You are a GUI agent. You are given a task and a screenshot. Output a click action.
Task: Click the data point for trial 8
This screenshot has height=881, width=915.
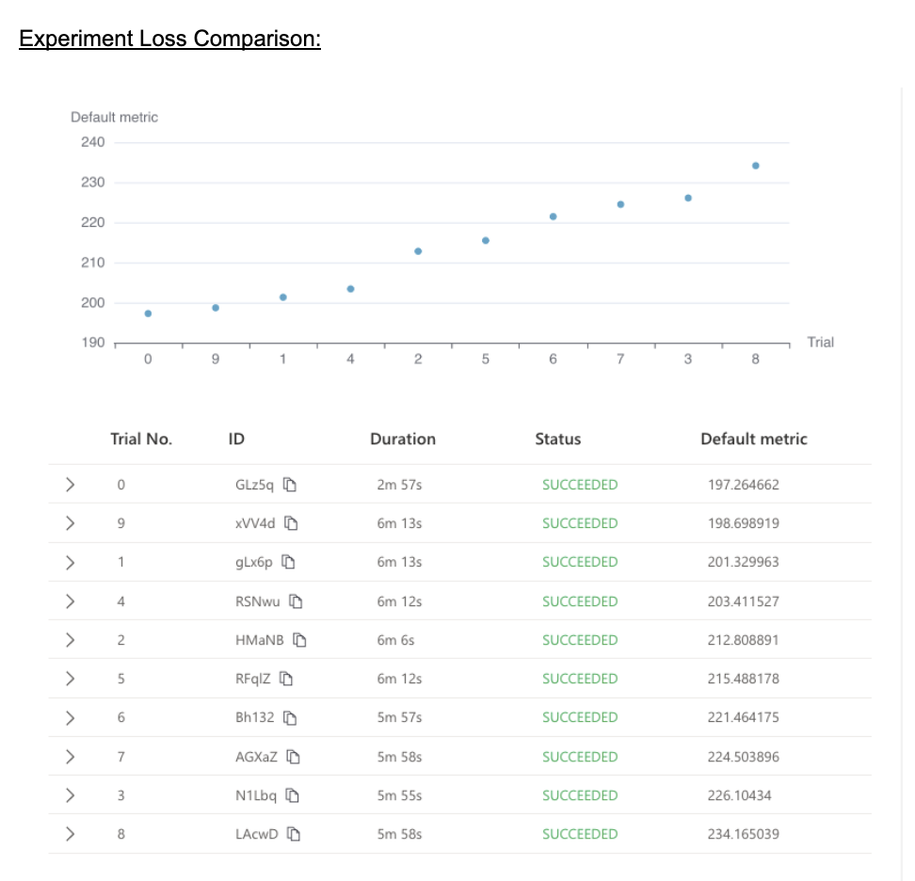click(x=755, y=166)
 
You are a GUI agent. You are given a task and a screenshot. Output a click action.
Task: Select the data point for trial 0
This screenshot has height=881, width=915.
click(x=148, y=313)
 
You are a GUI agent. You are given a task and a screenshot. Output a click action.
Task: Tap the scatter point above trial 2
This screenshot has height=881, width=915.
click(x=418, y=251)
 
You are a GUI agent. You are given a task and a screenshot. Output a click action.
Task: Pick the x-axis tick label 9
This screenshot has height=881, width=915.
click(x=216, y=359)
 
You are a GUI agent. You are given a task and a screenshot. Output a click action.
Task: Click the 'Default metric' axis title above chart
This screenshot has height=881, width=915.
click(x=114, y=118)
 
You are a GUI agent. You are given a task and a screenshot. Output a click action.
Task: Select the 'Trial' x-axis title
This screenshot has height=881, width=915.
click(x=820, y=343)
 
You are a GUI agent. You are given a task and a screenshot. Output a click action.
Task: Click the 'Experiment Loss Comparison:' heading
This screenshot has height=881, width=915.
click(x=169, y=40)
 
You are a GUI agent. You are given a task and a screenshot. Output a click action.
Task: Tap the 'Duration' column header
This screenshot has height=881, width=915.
click(x=403, y=439)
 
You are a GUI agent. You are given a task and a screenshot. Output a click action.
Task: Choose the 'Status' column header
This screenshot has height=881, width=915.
click(x=558, y=439)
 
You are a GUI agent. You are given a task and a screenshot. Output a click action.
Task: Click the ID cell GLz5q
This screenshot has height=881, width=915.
click(x=254, y=486)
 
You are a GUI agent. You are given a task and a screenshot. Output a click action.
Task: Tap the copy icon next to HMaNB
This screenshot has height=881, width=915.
click(x=300, y=640)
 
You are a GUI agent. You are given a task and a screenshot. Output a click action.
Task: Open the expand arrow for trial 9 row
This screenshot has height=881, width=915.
click(x=70, y=524)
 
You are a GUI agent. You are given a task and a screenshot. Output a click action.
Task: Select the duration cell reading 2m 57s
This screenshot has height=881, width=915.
click(x=399, y=486)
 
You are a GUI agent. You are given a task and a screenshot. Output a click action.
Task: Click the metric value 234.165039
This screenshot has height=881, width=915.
click(x=743, y=834)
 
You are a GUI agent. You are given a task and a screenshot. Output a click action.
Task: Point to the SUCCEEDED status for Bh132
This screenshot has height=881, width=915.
click(x=580, y=717)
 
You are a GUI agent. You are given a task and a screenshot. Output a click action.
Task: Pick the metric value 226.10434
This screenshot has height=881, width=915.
click(x=739, y=795)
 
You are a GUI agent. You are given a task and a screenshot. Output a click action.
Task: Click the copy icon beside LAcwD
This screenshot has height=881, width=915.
click(x=294, y=834)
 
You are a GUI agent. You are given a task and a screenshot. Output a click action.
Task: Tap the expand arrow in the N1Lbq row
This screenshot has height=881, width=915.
click(x=70, y=795)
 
